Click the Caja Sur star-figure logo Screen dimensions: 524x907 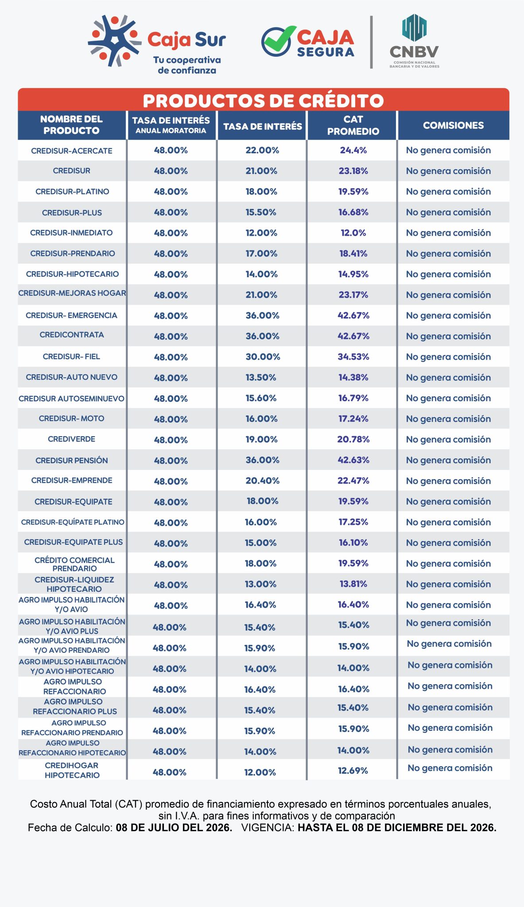point(115,41)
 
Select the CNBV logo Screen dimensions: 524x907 point(414,41)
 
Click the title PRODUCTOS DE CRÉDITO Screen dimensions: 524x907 point(263,101)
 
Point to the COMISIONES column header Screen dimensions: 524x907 point(453,125)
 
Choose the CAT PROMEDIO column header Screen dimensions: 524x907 point(353,125)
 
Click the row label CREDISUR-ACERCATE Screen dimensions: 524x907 point(72,151)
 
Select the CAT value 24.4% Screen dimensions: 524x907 point(353,150)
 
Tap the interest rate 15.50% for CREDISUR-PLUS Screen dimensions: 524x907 point(261,212)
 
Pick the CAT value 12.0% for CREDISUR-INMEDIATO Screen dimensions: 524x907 point(353,233)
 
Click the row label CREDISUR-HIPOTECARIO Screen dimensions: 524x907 point(72,274)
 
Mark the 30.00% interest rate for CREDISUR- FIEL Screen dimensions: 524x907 point(263,357)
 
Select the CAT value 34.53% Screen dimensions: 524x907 point(353,357)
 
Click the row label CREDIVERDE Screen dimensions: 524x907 point(72,439)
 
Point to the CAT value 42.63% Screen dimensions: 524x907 point(353,460)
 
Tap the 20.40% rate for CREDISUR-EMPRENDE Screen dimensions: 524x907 point(262,481)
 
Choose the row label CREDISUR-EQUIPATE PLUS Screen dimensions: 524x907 point(74,542)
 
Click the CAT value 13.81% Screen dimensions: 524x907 point(353,584)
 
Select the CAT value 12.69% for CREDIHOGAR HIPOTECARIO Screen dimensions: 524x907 point(353,771)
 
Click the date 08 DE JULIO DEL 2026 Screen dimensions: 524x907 point(174,827)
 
